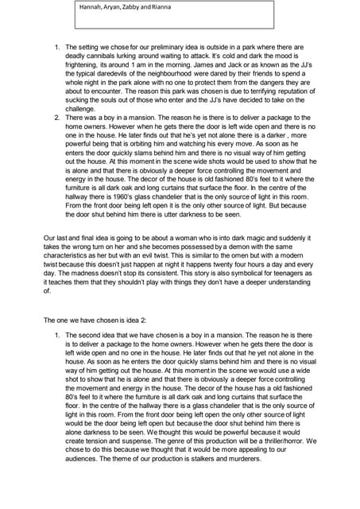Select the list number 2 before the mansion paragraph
[56, 118]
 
